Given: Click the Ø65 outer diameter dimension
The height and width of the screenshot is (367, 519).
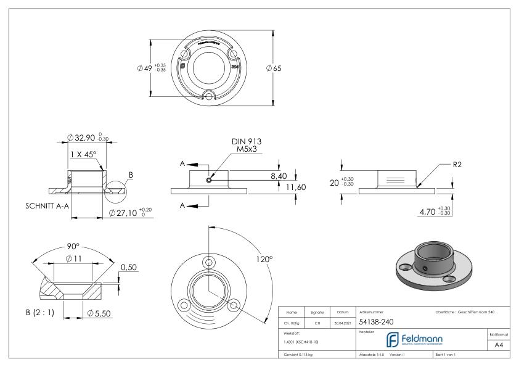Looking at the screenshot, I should pos(274,68).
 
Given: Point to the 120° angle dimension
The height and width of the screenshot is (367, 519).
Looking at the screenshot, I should pos(264,260).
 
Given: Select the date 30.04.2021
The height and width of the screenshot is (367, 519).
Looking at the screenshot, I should pos(341,321).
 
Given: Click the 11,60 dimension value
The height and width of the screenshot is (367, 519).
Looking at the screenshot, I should pos(295,186).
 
